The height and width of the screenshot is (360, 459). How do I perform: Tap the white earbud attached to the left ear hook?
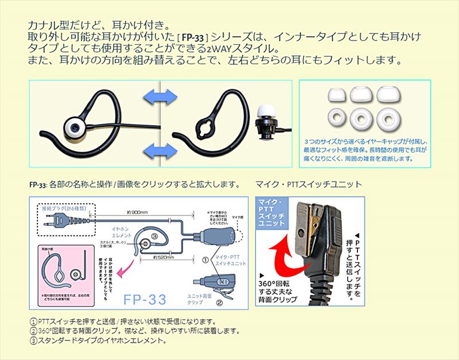pos(72,127)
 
